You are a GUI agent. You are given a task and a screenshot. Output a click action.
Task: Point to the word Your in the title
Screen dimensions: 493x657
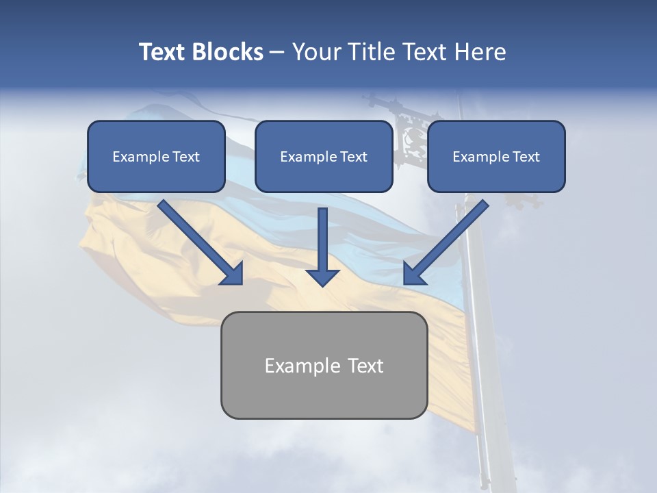[315, 52]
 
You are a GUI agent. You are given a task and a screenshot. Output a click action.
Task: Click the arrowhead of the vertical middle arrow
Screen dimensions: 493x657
[322, 276]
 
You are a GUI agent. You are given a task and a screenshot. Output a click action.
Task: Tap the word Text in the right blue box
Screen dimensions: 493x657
[526, 157]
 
